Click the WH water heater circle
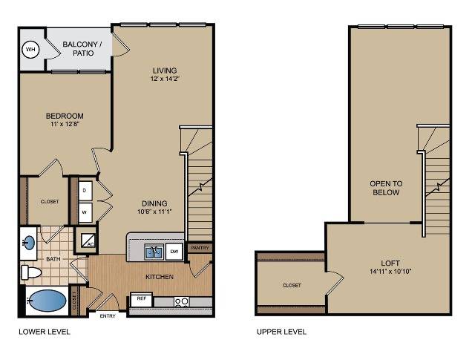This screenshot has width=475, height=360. tap(31, 49)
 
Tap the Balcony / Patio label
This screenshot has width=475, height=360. tap(82, 48)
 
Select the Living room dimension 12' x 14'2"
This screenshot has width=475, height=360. tap(165, 79)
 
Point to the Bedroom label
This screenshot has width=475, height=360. tap(65, 116)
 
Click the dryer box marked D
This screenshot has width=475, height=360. tap(85, 191)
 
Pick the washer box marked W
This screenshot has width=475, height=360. tap(85, 212)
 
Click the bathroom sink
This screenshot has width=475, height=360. tap(30, 243)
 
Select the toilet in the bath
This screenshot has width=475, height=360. tap(31, 272)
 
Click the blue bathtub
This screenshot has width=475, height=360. tap(47, 301)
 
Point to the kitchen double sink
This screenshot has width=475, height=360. tap(154, 252)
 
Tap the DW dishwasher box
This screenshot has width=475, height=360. tap(174, 252)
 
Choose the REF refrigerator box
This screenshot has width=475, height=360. tap(141, 300)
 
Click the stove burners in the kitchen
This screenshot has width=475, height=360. tap(181, 302)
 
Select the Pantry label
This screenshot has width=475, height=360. tap(200, 248)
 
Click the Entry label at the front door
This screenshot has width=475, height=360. tap(108, 316)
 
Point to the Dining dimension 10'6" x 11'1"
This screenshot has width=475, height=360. tap(154, 212)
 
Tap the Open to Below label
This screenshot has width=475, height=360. tap(386, 188)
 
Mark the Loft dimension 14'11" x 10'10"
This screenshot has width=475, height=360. tap(390, 271)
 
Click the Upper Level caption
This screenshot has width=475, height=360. tap(281, 332)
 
